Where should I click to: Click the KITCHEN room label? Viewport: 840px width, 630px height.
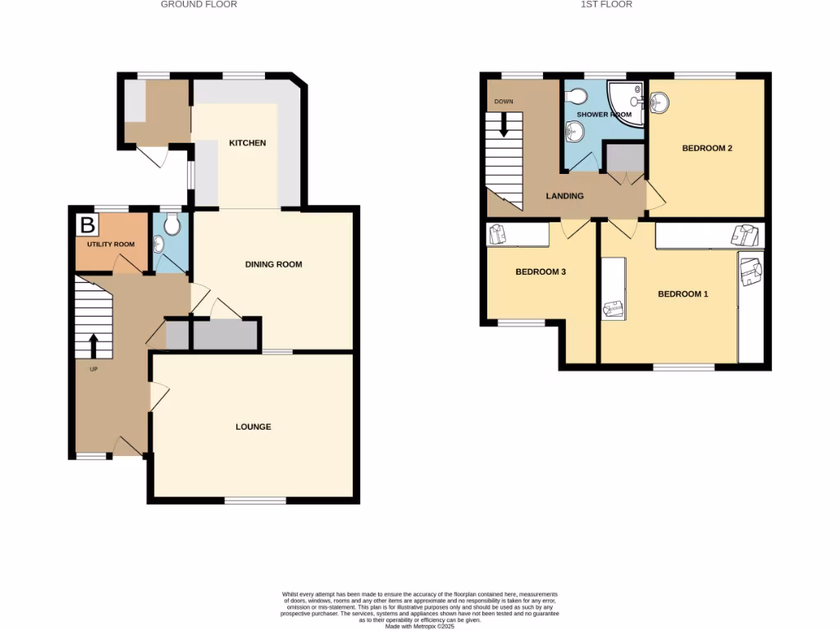(x=247, y=144)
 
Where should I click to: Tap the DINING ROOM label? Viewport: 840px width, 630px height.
(x=274, y=264)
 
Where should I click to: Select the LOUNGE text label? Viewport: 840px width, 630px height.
(x=253, y=427)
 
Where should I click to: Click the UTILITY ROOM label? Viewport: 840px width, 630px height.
(x=111, y=244)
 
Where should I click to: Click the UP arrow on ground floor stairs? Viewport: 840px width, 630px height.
(x=94, y=345)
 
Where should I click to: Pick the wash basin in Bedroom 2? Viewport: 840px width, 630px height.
(x=660, y=102)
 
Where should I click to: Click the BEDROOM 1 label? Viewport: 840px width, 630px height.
(x=682, y=294)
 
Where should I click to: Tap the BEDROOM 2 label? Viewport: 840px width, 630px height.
(x=706, y=148)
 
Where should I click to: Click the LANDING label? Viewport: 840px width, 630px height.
(x=565, y=196)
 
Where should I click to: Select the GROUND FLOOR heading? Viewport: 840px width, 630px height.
(x=199, y=4)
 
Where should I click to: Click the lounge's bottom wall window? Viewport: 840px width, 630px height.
(x=254, y=500)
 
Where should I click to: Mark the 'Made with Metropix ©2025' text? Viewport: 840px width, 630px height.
(x=419, y=627)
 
